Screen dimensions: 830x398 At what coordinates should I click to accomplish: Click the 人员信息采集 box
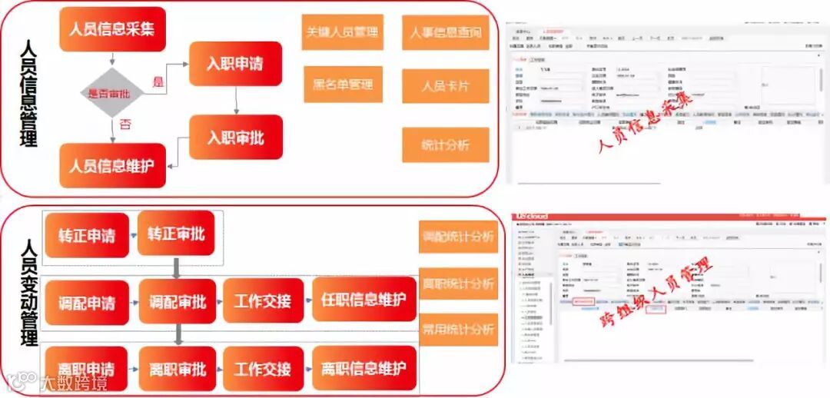[x=112, y=29]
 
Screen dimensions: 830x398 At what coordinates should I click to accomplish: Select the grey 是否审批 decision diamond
[x=114, y=93]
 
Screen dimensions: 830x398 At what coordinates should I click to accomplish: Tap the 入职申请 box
[x=234, y=64]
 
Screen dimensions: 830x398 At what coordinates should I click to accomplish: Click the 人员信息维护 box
[x=112, y=165]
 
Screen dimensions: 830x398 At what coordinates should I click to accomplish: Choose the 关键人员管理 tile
[x=342, y=32]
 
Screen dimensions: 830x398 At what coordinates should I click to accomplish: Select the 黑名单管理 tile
[x=342, y=85]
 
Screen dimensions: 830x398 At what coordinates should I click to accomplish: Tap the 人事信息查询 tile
[x=446, y=32]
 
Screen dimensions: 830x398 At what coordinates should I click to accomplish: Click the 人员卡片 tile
[x=446, y=85]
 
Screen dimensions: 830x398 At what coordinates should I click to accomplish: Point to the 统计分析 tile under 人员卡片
[x=446, y=144]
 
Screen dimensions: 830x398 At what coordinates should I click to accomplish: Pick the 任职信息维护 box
[x=364, y=300]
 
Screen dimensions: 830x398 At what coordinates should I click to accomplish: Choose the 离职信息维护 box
[x=364, y=368]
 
